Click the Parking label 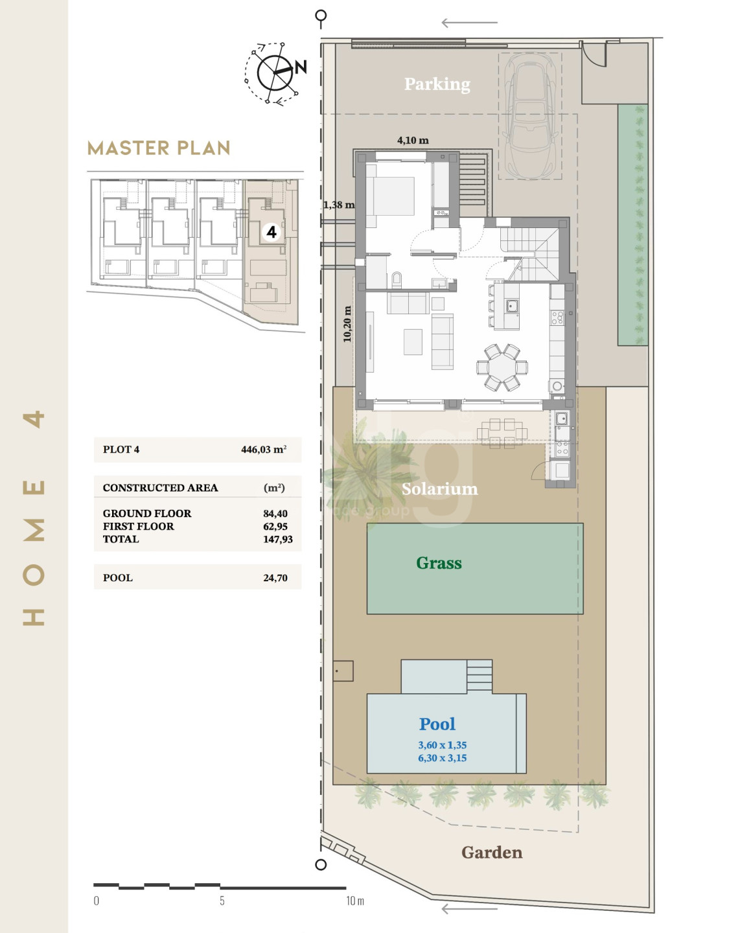437,84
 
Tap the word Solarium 439,489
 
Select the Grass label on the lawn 439,562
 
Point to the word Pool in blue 437,724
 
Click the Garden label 492,852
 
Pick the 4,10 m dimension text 413,141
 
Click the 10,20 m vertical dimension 347,324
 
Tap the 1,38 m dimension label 339,205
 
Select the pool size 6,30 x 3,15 442,758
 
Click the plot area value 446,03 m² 264,450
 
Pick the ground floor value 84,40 275,514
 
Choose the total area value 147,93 278,539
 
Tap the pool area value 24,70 275,578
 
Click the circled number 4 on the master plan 272,233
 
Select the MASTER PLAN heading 159,148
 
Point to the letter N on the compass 300,67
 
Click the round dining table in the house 502,367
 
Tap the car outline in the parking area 531,116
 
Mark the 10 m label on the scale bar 355,901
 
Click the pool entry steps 479,676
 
